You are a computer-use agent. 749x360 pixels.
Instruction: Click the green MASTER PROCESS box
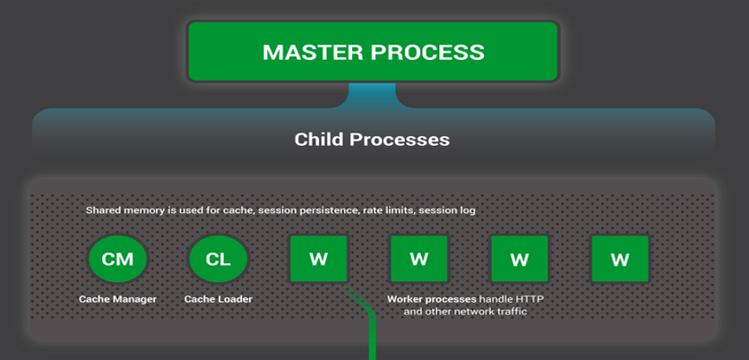[x=373, y=51]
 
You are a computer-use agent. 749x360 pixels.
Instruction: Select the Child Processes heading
[x=372, y=140]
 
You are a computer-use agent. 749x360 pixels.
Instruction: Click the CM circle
[x=117, y=260]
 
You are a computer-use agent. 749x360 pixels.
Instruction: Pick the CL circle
[x=218, y=260]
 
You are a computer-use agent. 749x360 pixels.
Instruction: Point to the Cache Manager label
[x=117, y=298]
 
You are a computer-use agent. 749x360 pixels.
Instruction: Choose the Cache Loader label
[x=218, y=298]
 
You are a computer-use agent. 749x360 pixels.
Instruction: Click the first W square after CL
[x=318, y=260]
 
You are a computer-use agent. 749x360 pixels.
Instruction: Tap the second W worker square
[x=418, y=260]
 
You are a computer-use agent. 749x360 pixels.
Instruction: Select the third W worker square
[x=519, y=260]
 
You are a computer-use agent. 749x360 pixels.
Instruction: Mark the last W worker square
[x=620, y=260]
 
